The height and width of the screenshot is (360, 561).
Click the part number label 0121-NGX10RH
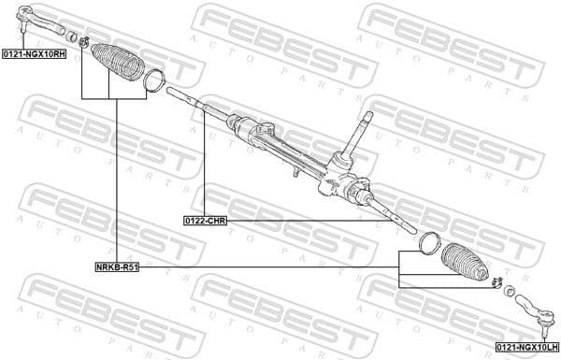(34, 55)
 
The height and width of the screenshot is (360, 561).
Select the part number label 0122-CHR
(205, 221)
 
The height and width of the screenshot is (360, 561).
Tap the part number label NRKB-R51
(117, 266)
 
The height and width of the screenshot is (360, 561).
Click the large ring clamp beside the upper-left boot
(155, 81)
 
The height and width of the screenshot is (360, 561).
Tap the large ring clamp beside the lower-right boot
(429, 241)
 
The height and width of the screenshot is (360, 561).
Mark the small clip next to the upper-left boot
(84, 40)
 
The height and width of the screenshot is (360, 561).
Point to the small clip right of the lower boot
(496, 284)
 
